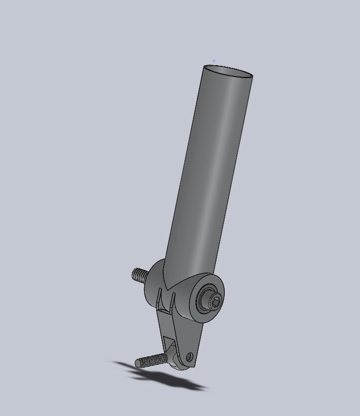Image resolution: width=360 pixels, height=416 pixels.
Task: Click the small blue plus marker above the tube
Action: pos(214,61)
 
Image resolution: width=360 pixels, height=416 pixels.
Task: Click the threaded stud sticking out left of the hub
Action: pos(141,275)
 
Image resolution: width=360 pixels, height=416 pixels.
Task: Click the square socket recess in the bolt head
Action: pos(215,300)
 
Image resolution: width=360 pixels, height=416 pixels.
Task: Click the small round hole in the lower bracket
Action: pos(189,356)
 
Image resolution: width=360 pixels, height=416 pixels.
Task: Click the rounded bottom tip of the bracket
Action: pos(182,367)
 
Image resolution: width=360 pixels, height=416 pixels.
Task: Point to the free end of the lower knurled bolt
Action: pos(138,364)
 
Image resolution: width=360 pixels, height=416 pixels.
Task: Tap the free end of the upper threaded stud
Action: pos(134,274)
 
